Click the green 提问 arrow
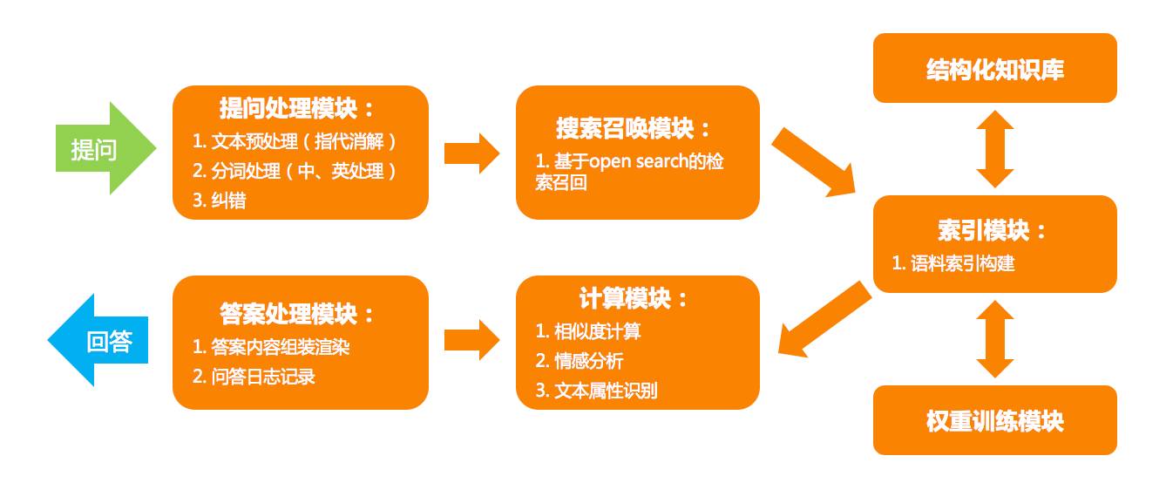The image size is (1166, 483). pos(100,149)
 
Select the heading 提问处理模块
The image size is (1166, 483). pos(296,108)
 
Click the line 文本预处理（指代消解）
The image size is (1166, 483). pos(300,140)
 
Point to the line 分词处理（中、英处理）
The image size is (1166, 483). pos(300,171)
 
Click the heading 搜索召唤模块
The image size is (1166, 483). pos(634,128)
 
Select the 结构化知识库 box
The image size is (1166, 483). pos(994,69)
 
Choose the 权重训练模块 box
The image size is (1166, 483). pos(994,421)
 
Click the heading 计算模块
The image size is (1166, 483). pos(634,298)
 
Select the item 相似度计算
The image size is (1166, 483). pos(597,330)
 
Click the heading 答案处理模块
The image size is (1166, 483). pos(297,313)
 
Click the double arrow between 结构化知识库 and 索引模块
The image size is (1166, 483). pos(994,149)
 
